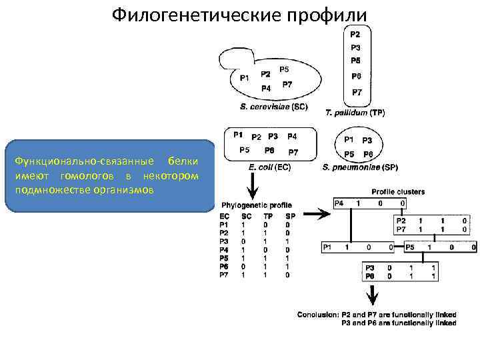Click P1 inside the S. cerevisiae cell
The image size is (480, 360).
[244, 78]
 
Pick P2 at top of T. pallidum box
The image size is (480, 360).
[355, 35]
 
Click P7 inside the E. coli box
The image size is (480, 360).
[293, 152]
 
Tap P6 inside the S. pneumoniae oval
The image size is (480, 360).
[367, 154]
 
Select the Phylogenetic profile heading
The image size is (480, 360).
[252, 205]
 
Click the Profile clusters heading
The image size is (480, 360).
[398, 191]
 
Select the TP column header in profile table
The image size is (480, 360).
[268, 217]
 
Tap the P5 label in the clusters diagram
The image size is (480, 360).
[409, 247]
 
